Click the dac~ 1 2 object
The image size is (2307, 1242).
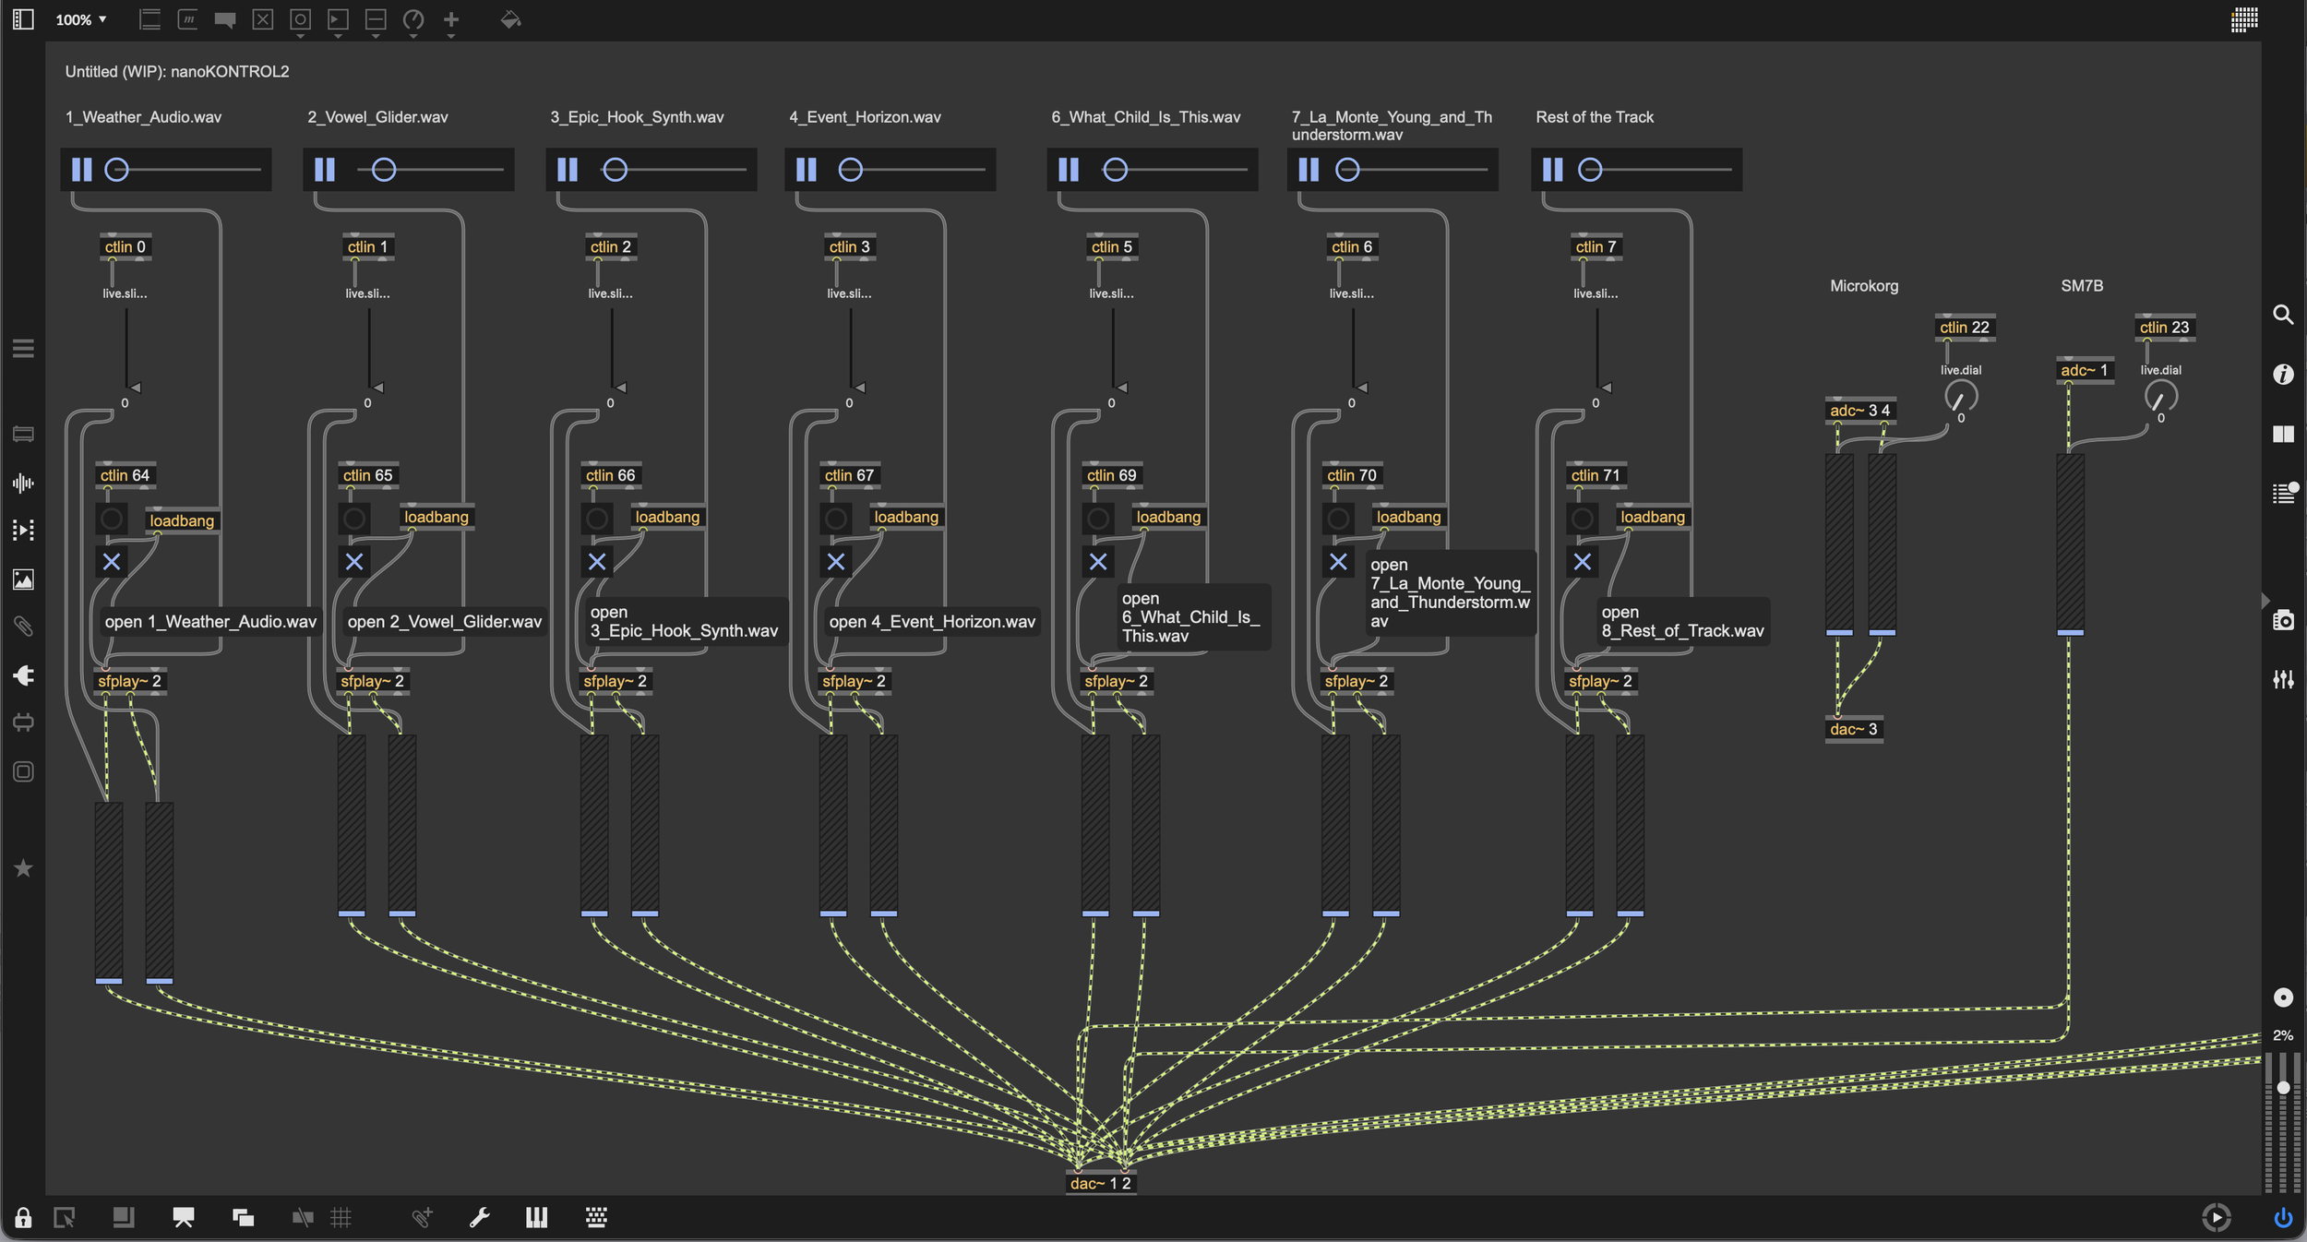1100,1183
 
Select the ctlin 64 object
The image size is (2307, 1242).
125,475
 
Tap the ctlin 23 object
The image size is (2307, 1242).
2164,328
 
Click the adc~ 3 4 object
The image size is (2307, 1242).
1859,410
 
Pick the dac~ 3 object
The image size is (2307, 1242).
1853,729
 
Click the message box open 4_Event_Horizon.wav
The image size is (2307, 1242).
932,622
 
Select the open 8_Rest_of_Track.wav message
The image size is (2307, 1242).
1682,622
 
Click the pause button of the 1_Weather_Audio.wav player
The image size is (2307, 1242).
82,170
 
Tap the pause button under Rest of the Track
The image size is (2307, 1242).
1553,170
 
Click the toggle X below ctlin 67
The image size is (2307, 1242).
836,561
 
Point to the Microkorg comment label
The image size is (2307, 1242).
1864,286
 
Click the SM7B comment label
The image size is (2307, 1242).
2082,286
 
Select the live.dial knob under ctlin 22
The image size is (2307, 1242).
1960,398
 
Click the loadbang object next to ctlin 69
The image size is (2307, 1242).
1168,517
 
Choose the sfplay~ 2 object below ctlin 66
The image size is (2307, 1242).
616,681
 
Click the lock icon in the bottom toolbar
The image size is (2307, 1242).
23,1218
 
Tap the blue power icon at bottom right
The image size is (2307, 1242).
2283,1218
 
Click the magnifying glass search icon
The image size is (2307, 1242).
2283,315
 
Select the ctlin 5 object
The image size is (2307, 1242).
1111,246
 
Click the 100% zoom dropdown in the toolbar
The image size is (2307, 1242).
81,19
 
